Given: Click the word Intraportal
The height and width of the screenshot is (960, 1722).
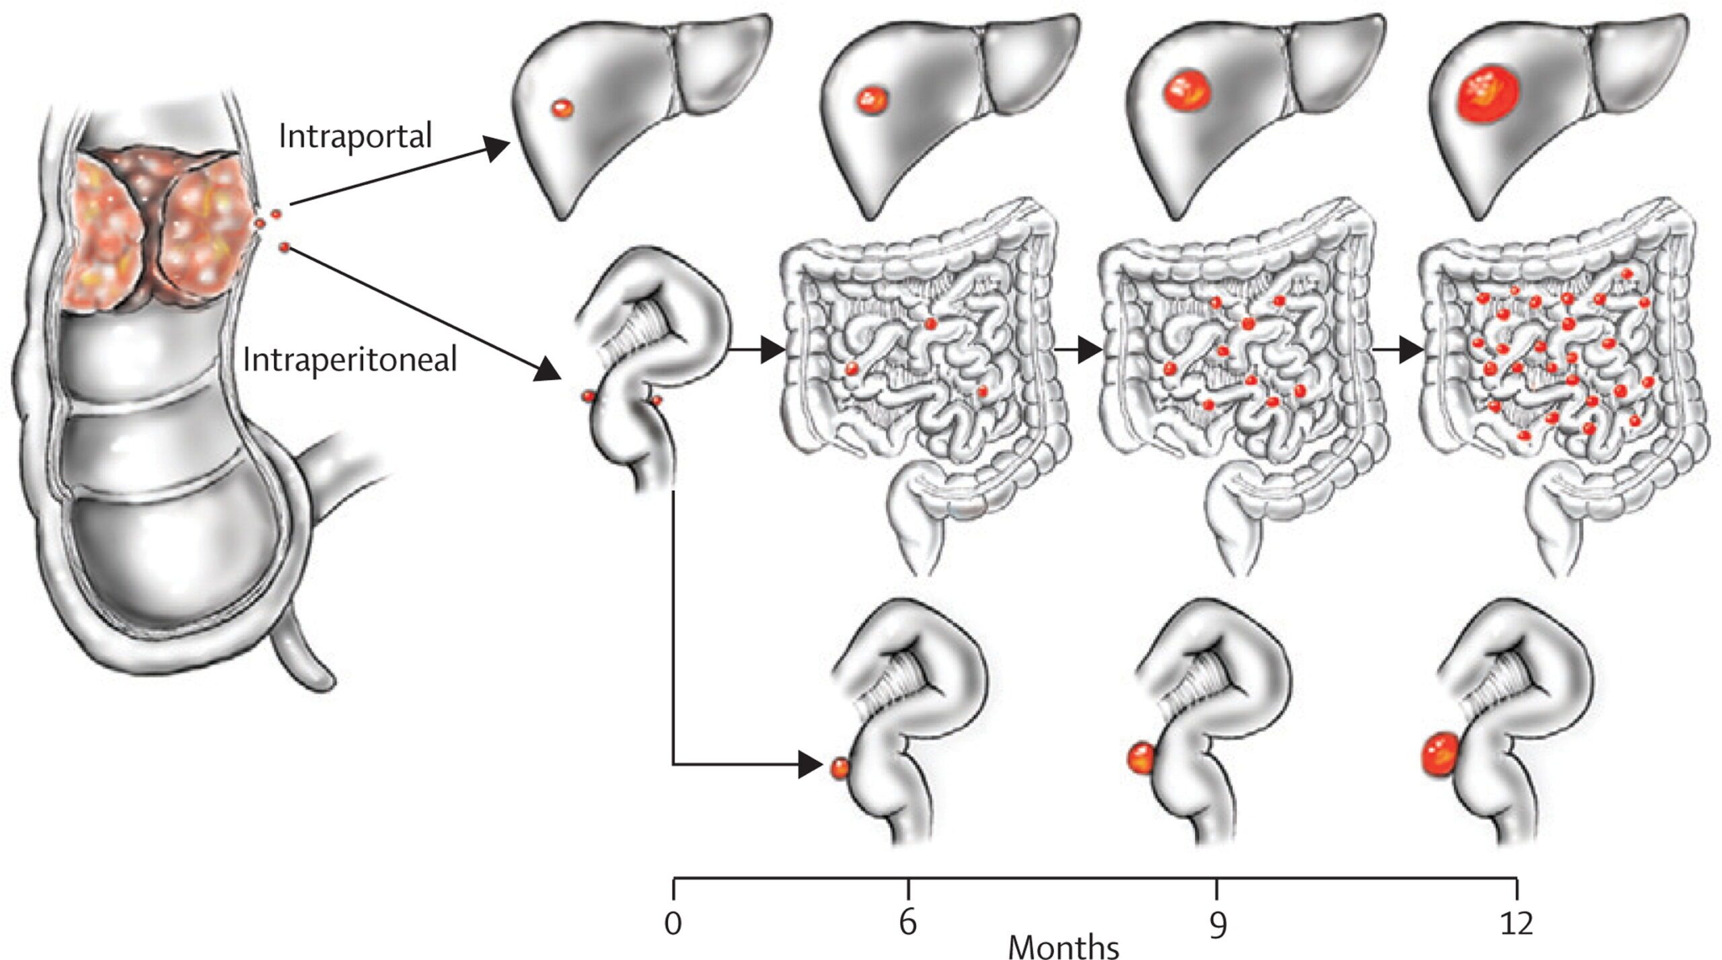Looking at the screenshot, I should [354, 137].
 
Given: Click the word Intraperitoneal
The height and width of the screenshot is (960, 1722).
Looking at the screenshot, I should [350, 360].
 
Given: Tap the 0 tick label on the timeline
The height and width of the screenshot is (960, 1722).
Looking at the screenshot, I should [673, 924].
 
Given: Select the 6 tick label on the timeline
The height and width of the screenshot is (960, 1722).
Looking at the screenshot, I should [908, 924].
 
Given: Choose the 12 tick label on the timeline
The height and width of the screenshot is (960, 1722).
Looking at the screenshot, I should [1516, 924].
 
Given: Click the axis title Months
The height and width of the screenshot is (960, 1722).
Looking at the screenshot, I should [1063, 947].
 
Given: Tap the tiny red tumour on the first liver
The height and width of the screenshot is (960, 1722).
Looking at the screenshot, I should [562, 107].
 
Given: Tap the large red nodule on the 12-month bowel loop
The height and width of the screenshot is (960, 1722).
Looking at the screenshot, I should [1439, 754].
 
